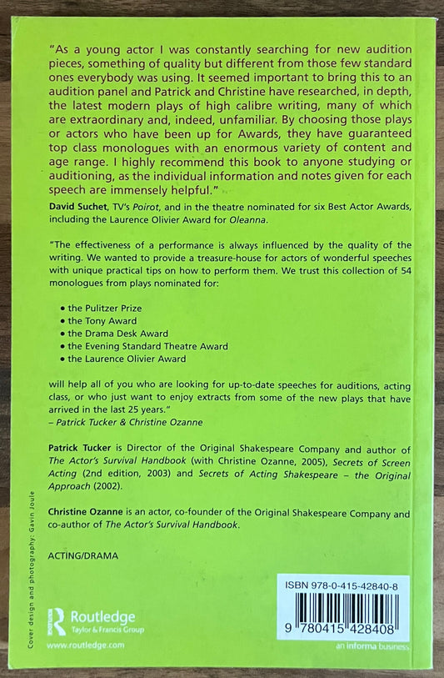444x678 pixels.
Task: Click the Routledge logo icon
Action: (58, 620)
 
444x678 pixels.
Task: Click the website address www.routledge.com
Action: (86, 645)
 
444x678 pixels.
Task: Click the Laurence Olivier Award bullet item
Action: (133, 359)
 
